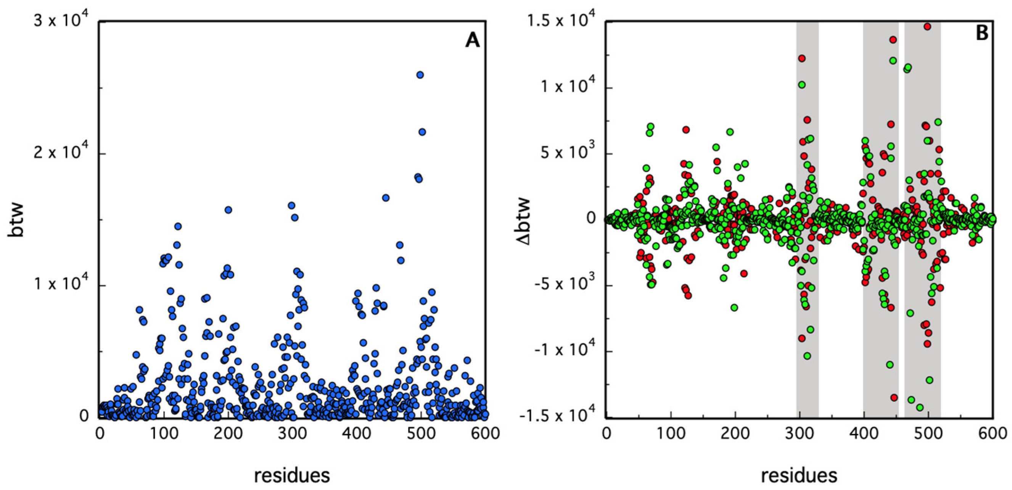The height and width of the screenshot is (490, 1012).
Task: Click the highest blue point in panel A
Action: click(x=420, y=75)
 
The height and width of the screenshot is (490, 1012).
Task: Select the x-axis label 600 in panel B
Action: click(x=993, y=434)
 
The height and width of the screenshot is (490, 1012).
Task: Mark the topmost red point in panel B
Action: click(x=927, y=26)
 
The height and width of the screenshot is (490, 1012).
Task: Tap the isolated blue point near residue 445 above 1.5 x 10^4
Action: click(x=385, y=198)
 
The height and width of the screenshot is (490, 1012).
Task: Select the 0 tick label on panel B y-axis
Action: click(x=591, y=218)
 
